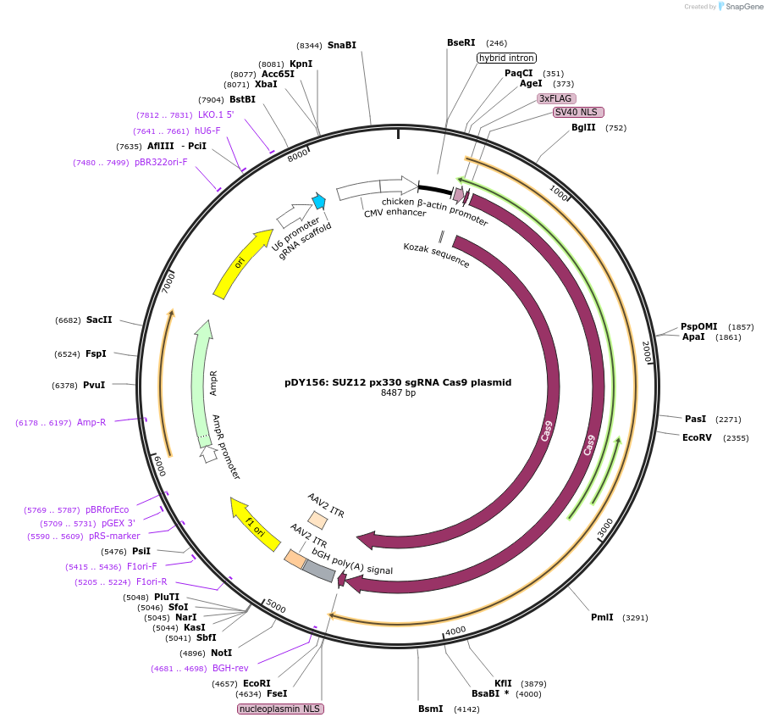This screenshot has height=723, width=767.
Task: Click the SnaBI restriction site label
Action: point(342,45)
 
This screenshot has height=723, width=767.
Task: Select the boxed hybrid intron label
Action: point(506,58)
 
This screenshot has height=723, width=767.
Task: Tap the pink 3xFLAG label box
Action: point(556,98)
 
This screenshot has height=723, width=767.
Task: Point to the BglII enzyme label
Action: point(583,128)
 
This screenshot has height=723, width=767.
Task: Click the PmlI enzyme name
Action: point(602,617)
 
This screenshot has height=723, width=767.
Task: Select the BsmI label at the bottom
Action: point(430,709)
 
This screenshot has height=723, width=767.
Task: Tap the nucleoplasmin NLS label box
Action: point(281,709)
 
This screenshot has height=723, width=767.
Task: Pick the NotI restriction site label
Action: point(221,653)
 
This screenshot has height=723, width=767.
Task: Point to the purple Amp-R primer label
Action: point(91,422)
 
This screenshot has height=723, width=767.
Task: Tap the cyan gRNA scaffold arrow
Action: point(319,201)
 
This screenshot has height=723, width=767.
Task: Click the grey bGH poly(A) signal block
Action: point(318,573)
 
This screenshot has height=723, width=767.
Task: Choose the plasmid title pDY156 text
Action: point(398,382)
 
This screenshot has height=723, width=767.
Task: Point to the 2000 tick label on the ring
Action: point(646,351)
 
